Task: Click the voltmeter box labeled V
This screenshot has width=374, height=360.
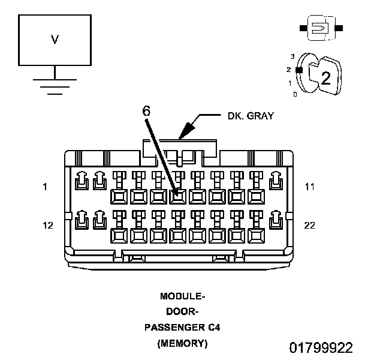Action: coord(55,40)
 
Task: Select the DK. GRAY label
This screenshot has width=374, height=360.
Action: coord(251,116)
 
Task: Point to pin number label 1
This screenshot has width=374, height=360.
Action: coord(45,187)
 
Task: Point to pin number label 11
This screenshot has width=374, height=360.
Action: coord(309,187)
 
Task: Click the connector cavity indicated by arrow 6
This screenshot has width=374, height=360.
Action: coord(177,196)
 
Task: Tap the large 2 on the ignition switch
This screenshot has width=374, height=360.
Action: coord(325,78)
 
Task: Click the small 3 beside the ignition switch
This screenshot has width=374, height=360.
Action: coord(292,56)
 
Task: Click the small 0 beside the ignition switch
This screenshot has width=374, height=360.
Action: coord(294,95)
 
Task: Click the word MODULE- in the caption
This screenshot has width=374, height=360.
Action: coord(183,296)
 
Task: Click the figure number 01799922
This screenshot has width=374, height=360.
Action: coord(321,348)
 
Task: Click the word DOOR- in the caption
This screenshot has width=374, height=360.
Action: coord(182,311)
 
